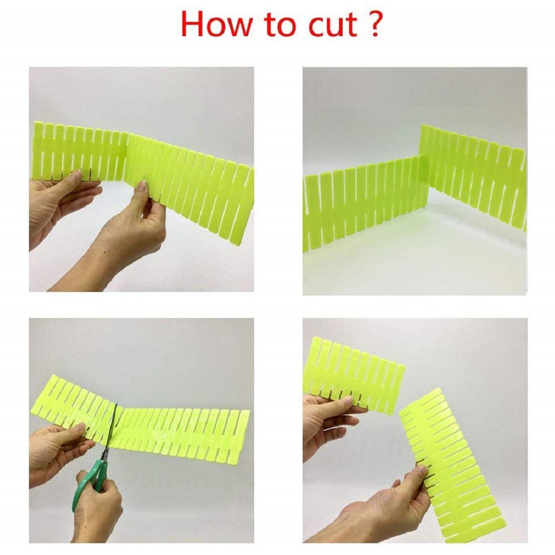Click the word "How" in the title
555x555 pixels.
[x=217, y=24]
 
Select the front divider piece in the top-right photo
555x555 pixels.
[x=366, y=205]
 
